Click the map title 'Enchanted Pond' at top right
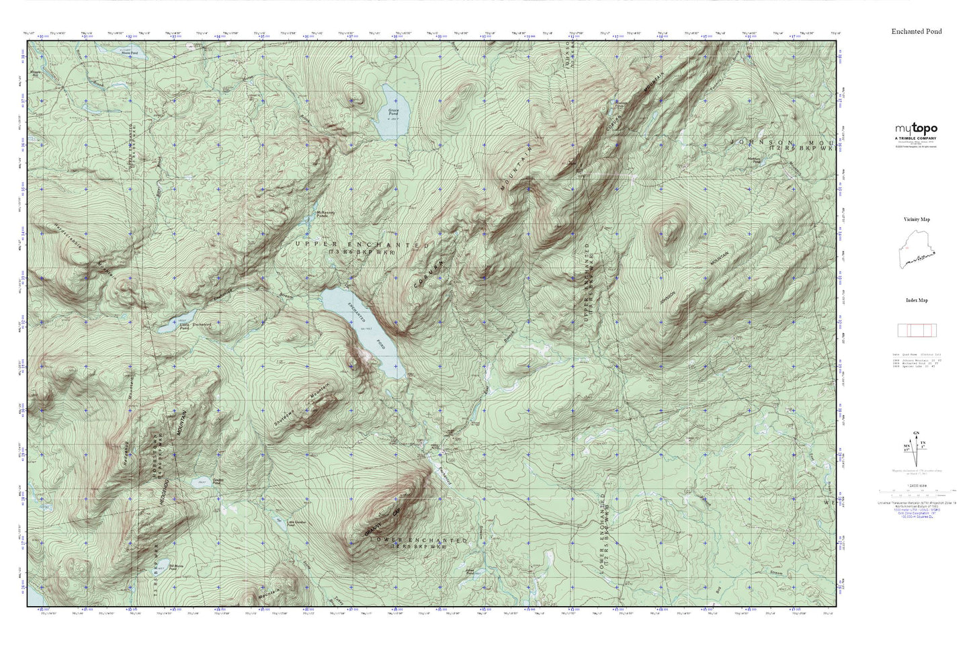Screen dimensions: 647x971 point(917,32)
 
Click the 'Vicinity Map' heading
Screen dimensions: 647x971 point(916,219)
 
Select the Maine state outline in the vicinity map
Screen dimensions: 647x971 point(916,250)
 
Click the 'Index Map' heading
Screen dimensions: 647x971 point(916,300)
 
